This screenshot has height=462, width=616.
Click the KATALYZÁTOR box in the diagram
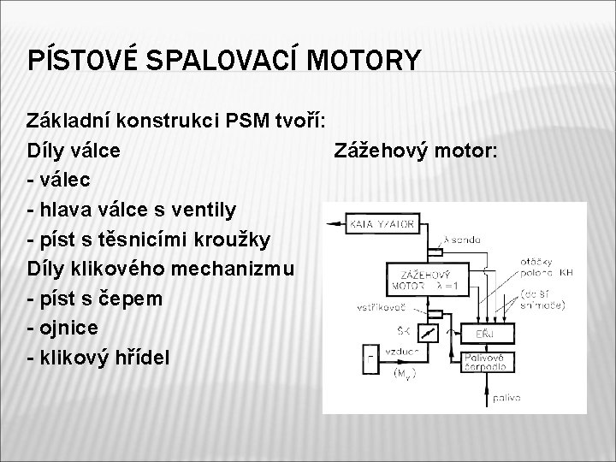(384, 225)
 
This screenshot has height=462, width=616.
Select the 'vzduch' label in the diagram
(400, 352)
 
